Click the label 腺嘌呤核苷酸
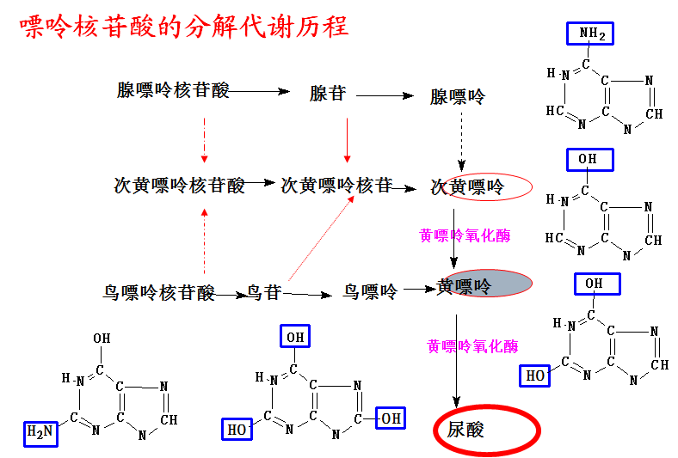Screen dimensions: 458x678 [173, 90]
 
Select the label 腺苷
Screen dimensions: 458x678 [327, 94]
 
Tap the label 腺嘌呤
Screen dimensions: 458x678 [458, 96]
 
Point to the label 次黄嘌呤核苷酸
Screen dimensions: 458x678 [179, 185]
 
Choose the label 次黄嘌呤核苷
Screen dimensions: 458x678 [336, 185]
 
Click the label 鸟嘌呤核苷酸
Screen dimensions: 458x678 [159, 293]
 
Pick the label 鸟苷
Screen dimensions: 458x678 [264, 292]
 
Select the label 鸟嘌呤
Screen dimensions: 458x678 [370, 292]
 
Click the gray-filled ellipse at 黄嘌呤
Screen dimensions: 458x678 [499, 284]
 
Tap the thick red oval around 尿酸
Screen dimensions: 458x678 [485, 429]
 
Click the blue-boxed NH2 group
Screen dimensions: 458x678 [591, 34]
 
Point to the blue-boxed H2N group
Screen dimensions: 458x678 [40, 433]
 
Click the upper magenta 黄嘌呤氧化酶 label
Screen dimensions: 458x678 [465, 235]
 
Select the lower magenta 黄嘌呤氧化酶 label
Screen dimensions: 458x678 [473, 346]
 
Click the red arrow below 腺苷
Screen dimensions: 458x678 [347, 139]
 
